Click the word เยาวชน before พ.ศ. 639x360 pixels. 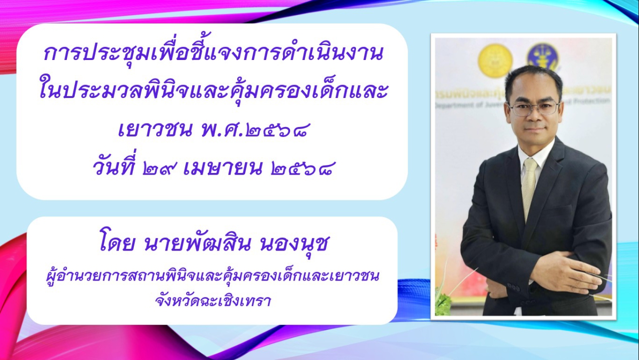(155, 131)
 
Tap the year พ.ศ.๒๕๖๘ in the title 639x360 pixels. (255, 131)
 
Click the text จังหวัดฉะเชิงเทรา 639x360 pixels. (213, 301)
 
